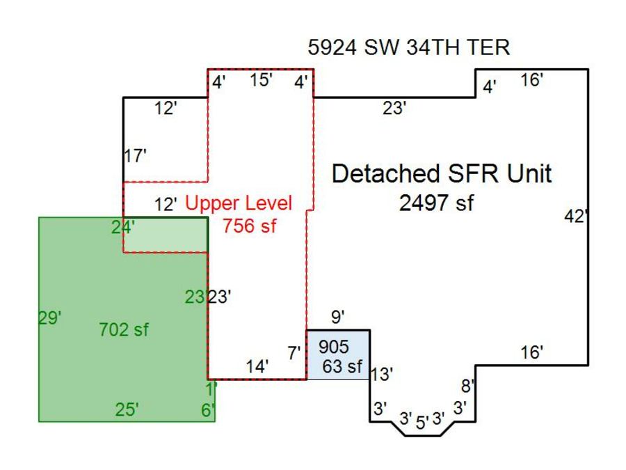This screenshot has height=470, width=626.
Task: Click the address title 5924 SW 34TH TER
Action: [x=408, y=47]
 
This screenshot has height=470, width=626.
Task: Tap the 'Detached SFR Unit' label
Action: [x=442, y=173]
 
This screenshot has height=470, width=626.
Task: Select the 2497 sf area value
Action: [x=436, y=203]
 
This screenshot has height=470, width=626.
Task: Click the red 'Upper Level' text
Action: [x=239, y=203]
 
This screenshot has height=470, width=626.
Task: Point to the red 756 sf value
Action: [x=248, y=226]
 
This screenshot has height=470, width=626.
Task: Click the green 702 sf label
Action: [x=124, y=329]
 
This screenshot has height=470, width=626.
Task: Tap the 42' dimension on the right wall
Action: [x=576, y=217]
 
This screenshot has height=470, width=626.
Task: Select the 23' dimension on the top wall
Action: [x=394, y=108]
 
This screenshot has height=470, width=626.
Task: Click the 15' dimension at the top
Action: [x=261, y=80]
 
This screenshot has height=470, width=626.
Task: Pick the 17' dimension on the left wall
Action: [x=136, y=156]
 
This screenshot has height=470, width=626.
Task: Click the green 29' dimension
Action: [x=50, y=318]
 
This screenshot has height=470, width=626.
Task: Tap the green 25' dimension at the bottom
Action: [x=127, y=410]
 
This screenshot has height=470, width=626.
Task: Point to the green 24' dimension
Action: [x=123, y=226]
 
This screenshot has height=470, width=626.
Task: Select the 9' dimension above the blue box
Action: [x=337, y=318]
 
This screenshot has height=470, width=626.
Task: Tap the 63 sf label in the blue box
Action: [x=343, y=366]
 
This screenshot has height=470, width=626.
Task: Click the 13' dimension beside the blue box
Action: [x=381, y=374]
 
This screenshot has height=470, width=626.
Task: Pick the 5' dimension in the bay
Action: [x=422, y=422]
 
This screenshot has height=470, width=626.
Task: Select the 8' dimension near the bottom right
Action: [x=468, y=385]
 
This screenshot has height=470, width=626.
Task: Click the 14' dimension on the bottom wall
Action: [x=257, y=366]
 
